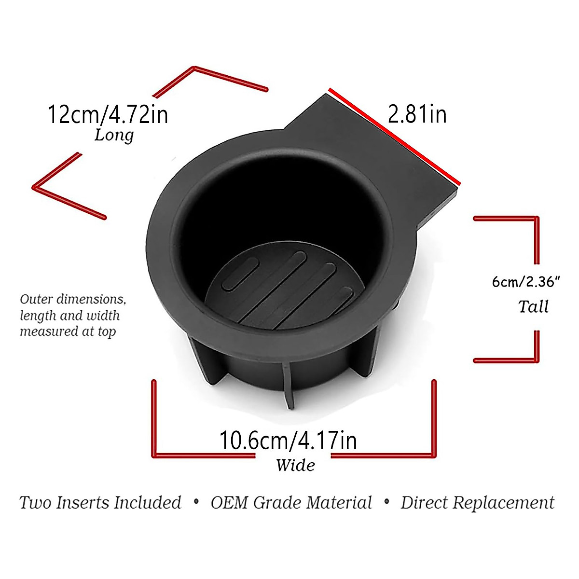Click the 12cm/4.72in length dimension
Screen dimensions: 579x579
(x=108, y=115)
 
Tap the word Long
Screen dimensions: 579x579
(x=114, y=135)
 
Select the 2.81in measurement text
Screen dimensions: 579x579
(x=417, y=114)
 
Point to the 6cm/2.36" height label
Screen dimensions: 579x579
(x=525, y=281)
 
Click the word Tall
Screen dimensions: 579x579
(x=533, y=306)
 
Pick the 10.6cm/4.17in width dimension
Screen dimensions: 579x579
(x=288, y=440)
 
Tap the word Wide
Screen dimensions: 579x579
(x=295, y=465)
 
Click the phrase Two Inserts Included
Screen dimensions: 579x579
(x=100, y=503)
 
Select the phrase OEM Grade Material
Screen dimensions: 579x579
(x=291, y=503)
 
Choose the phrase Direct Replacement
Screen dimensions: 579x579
(x=477, y=503)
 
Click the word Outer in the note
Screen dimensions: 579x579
(x=37, y=299)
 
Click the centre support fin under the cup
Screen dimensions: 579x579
(x=289, y=386)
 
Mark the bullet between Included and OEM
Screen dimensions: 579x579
(x=196, y=502)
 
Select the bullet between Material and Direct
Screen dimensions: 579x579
(x=386, y=502)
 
